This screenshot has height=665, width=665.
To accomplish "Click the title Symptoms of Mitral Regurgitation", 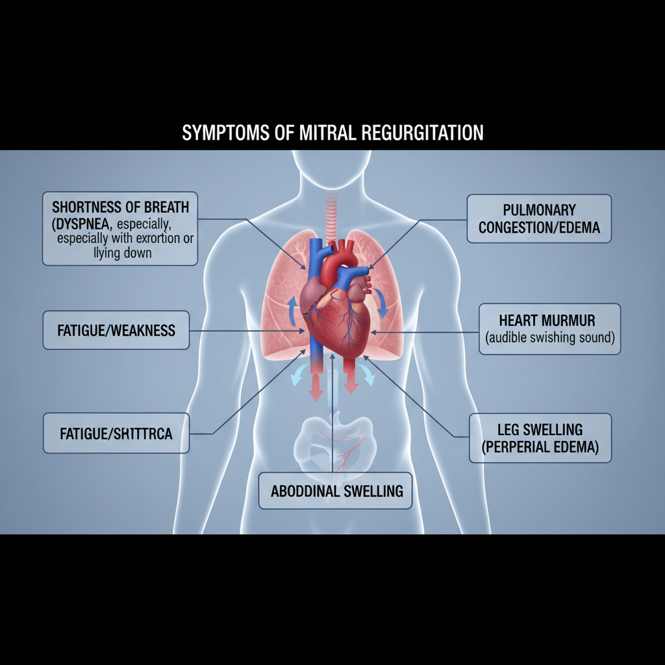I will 332,133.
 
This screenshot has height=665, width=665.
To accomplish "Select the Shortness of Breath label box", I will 120,229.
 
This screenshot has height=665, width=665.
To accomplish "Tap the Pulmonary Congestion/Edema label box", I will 539,219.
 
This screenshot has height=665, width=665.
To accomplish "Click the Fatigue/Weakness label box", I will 116,331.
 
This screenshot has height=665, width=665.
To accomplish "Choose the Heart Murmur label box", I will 549,329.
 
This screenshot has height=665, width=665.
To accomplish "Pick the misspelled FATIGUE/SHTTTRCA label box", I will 116,433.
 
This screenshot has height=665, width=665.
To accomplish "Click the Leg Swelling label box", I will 540,438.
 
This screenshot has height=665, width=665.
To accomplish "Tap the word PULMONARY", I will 539,210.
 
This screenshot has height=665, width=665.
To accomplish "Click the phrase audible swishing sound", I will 550,338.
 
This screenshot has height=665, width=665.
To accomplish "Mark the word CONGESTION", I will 512,228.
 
